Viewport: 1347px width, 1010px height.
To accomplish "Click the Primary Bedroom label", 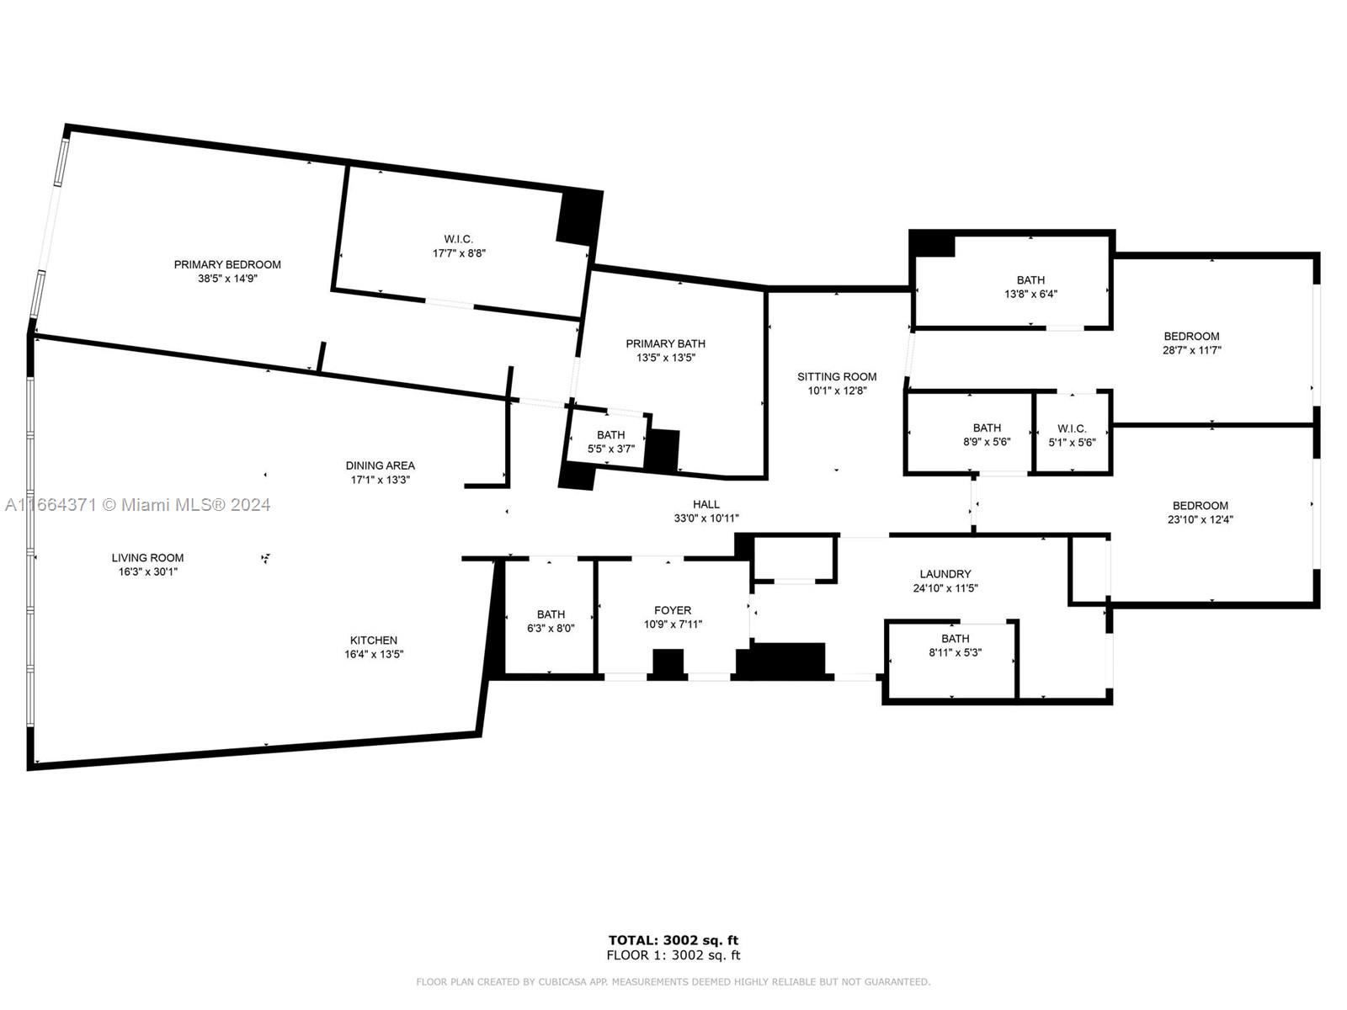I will click(227, 264).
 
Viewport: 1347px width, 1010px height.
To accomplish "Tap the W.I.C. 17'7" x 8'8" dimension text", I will click(459, 253).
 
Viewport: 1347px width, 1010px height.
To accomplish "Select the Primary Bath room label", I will click(665, 343).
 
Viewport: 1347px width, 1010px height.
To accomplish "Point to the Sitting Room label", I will click(837, 376).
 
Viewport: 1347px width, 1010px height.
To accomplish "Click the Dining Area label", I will click(380, 465).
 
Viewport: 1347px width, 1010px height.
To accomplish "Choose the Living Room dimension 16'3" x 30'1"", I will click(148, 572).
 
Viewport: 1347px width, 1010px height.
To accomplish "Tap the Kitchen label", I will click(374, 640).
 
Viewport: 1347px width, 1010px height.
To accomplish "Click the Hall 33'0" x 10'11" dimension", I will click(706, 519).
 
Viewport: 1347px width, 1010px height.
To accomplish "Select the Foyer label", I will click(673, 610).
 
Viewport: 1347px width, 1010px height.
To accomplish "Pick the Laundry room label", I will click(945, 574).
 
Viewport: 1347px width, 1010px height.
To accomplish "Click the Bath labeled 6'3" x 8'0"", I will click(551, 621).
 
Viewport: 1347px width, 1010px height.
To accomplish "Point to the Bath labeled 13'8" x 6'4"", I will click(1030, 287).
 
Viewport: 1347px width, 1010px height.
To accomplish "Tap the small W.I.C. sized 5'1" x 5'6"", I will click(1072, 435).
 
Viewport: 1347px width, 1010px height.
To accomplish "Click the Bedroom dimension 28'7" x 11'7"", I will click(1191, 351).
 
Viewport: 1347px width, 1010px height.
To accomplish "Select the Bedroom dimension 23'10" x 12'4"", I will click(1200, 520).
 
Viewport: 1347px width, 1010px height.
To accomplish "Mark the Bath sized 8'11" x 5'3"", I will click(955, 646).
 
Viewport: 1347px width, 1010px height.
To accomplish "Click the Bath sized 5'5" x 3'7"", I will click(610, 442).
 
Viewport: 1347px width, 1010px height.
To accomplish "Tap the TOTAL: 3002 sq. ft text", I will click(673, 940).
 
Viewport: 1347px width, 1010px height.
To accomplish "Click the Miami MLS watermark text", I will click(138, 505).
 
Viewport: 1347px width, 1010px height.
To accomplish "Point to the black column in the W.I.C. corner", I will click(578, 217).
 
